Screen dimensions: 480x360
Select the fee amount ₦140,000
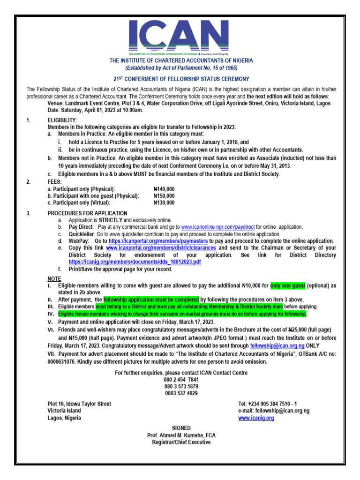164,189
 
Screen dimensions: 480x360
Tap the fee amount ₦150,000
164,196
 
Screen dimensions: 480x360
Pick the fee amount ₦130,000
164,203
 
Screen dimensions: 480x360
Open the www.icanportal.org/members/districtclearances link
161,248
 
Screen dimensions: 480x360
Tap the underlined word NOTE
54,278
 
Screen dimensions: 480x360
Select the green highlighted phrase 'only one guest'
288,285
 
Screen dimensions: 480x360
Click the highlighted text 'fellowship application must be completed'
151,300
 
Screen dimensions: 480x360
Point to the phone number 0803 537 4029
181,393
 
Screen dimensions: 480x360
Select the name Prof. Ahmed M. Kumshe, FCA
181,435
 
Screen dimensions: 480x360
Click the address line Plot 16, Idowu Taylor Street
79,404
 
